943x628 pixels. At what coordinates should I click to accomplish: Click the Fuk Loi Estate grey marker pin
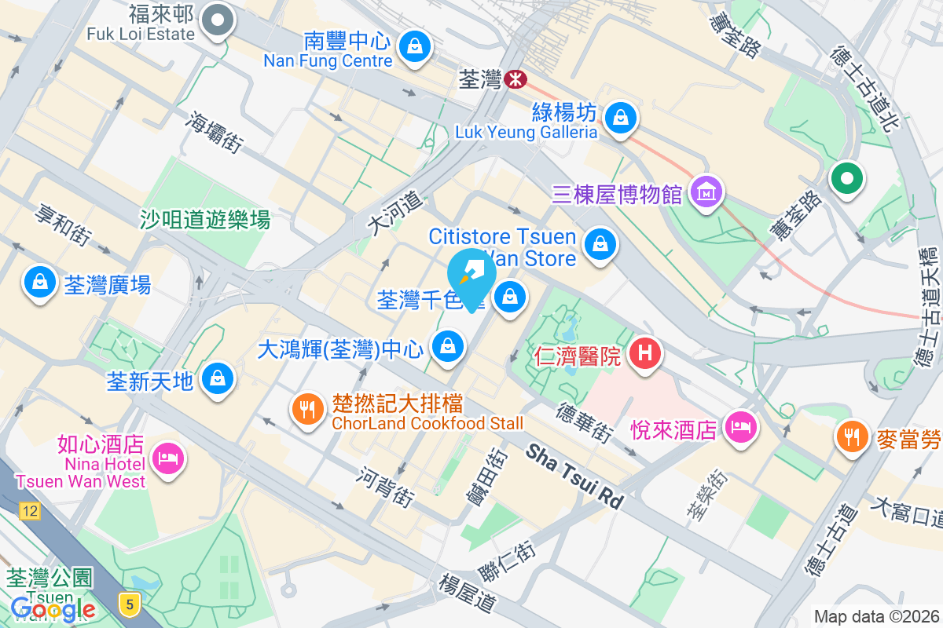218,20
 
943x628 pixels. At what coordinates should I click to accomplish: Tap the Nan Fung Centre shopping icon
414,46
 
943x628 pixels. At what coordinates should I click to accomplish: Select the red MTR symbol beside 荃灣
516,79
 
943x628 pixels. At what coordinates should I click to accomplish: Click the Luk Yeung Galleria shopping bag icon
621,118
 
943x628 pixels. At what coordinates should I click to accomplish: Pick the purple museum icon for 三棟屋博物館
706,191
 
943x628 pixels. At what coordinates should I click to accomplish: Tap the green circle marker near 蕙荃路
846,178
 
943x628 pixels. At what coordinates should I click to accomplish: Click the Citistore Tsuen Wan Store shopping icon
601,243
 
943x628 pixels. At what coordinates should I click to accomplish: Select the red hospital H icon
644,355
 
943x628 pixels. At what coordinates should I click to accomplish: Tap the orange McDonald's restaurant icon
853,433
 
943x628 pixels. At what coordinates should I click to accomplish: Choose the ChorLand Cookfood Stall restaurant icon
308,408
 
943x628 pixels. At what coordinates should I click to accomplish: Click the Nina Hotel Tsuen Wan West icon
167,458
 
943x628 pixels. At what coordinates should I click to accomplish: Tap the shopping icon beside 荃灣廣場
39,283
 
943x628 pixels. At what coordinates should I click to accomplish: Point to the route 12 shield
30,512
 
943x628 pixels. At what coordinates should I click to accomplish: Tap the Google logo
53,608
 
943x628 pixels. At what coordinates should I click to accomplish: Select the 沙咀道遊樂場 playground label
205,220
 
